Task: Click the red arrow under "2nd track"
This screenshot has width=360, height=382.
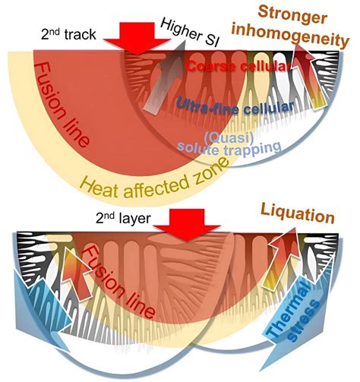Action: click(x=137, y=38)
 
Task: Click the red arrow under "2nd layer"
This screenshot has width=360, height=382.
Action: click(x=187, y=224)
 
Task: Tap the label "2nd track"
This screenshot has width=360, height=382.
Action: click(x=68, y=34)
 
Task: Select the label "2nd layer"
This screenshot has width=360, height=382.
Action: click(x=123, y=218)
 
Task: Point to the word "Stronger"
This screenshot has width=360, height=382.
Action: click(x=292, y=14)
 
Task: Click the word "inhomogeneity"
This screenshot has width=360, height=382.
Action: click(x=291, y=36)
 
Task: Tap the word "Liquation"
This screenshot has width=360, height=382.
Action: click(x=297, y=214)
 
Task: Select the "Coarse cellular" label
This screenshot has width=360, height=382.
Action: click(x=238, y=66)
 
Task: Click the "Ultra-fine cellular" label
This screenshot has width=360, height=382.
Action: click(x=235, y=106)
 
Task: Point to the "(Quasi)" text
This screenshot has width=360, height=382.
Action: click(x=229, y=137)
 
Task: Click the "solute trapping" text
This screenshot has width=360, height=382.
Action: click(x=229, y=150)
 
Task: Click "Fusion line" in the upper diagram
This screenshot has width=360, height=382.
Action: click(x=62, y=105)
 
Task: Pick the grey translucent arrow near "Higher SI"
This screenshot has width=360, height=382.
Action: click(x=165, y=76)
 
